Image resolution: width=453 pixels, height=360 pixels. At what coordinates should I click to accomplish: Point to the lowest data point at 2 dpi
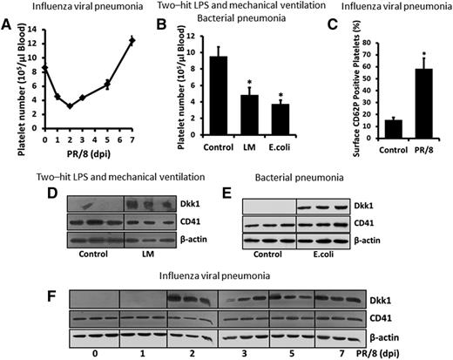tap(70, 106)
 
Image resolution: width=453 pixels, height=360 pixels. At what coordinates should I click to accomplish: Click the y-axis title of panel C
tap(329, 87)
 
